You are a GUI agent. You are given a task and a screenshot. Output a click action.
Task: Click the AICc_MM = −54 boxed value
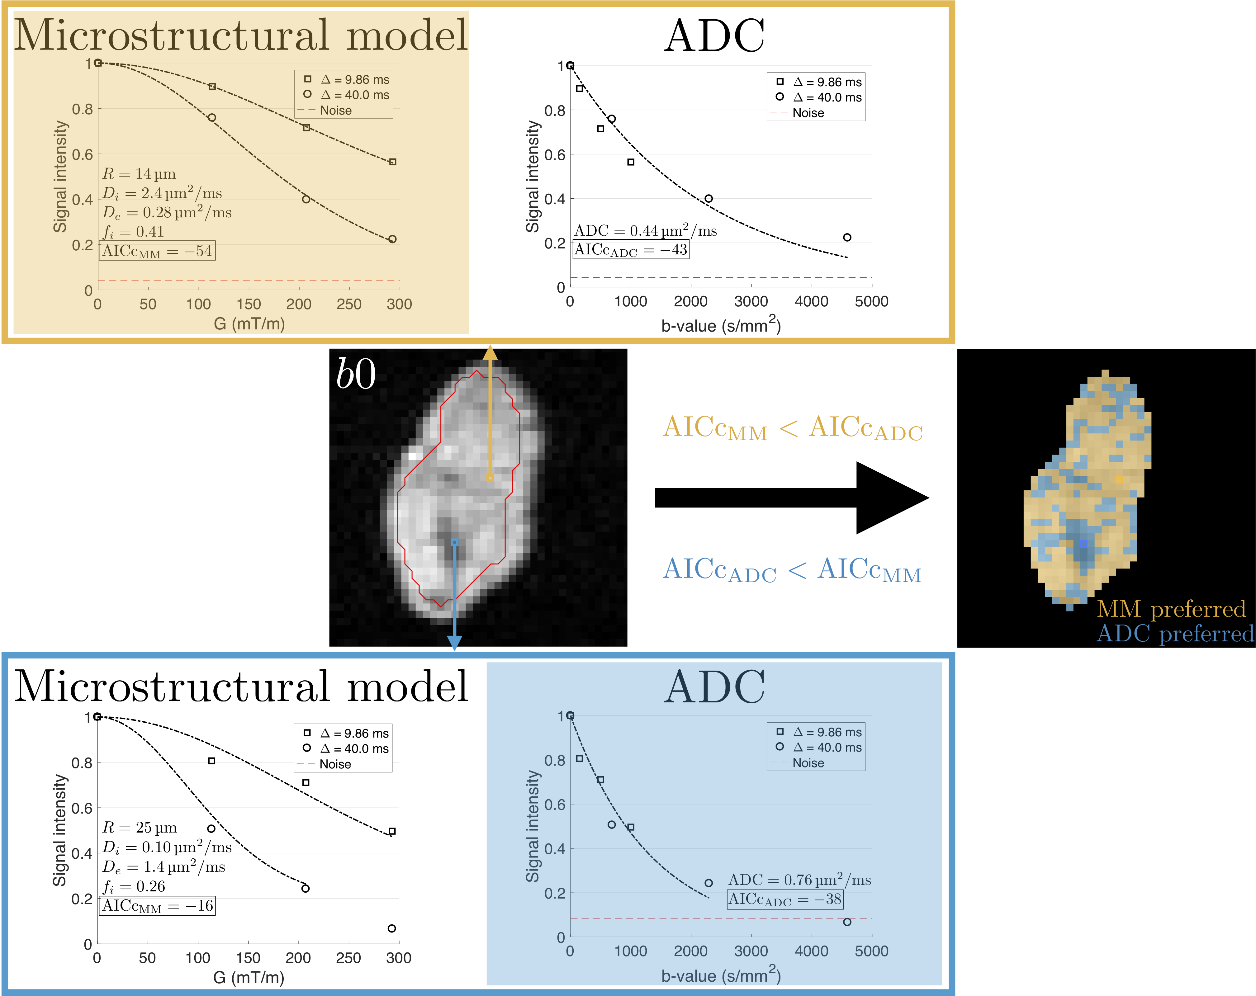tap(157, 251)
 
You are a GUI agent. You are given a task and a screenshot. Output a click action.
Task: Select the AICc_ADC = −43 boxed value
tap(631, 250)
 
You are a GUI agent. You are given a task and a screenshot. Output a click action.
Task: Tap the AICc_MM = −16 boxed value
tap(157, 906)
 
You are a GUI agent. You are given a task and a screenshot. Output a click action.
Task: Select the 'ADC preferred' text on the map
tap(1175, 634)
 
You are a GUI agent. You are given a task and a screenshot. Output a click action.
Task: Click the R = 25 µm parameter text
tap(140, 828)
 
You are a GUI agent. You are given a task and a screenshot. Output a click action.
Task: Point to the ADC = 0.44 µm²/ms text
tap(646, 231)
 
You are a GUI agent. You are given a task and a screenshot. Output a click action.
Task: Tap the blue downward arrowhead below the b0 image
tap(454, 642)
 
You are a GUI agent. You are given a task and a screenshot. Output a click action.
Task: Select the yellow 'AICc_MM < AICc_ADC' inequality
tap(792, 428)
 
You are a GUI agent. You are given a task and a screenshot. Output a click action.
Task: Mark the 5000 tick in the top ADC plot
tap(871, 302)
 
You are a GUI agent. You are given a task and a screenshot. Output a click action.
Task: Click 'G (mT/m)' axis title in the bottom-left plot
tap(249, 977)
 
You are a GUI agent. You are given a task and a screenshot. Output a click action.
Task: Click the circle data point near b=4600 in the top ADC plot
tap(847, 237)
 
